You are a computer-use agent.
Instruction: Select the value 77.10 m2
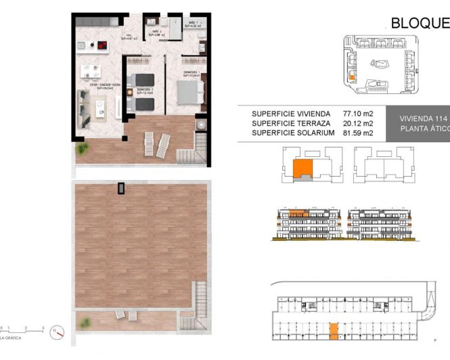(358, 114)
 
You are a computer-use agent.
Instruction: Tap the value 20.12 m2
(358, 123)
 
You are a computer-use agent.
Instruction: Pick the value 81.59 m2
(358, 133)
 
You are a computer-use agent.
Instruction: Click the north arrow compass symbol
(58, 332)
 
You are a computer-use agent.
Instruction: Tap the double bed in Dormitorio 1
(185, 90)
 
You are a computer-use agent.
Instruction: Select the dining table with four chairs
(89, 70)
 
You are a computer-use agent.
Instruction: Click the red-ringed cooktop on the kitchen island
(101, 47)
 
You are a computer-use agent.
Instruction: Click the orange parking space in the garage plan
(333, 331)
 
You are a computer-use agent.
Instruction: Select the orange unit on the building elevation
(298, 215)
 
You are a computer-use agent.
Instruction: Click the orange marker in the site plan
(352, 76)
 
